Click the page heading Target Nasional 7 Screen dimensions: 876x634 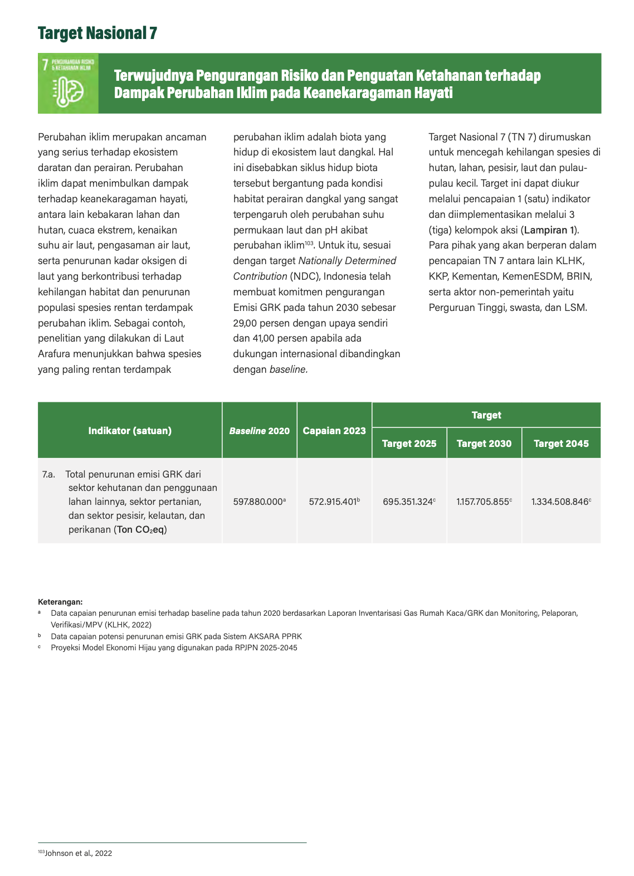97,33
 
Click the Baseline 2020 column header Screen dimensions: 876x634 259,431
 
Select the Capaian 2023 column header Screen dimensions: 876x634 334,431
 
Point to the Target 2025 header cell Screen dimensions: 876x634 409,444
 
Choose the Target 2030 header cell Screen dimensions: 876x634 484,444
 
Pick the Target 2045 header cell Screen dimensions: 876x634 561,444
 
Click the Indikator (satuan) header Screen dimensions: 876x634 130,431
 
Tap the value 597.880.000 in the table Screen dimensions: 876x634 258,502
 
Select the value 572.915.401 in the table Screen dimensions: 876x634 333,502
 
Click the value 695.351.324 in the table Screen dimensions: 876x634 408,502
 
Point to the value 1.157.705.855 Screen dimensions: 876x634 482,502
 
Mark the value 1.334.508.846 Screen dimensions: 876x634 560,502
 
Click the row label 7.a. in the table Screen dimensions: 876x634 48,475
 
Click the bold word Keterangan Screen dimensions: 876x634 60,602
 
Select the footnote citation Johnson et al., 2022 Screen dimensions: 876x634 78,853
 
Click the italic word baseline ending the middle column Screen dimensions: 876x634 287,369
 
